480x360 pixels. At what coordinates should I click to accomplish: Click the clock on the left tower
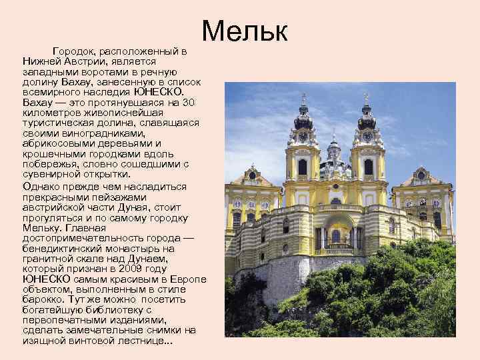tap(303, 137)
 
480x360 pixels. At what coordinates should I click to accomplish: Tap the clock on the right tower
tap(368, 137)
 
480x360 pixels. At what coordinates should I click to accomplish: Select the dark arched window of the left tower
tap(303, 167)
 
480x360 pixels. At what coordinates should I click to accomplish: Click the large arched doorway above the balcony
tap(336, 234)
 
